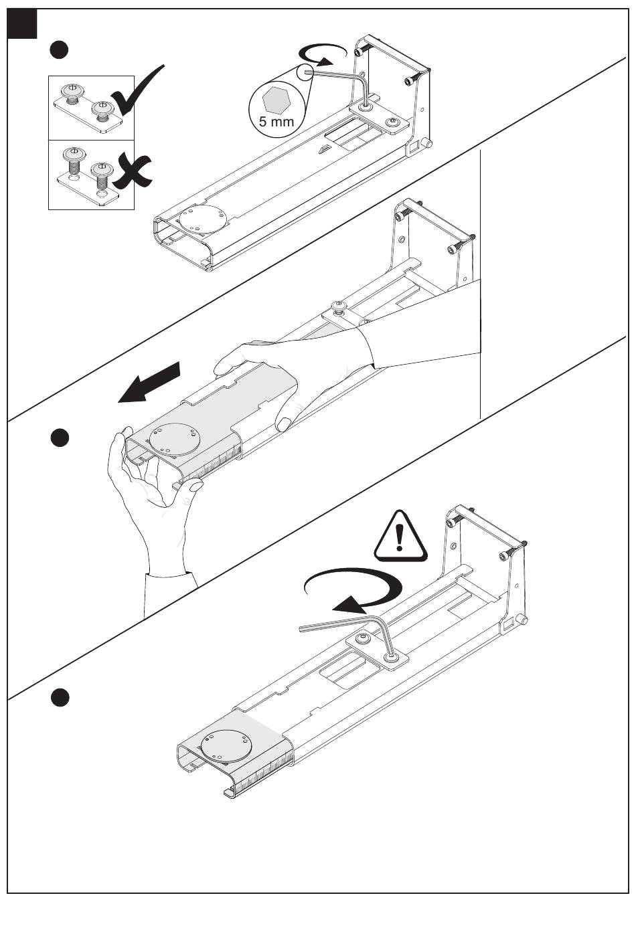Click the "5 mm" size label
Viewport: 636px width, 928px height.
click(276, 122)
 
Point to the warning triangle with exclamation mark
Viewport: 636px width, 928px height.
click(400, 537)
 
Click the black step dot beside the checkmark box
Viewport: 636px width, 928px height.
click(60, 50)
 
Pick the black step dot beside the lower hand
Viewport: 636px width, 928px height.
click(60, 438)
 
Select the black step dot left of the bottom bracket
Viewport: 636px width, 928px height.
click(60, 697)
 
